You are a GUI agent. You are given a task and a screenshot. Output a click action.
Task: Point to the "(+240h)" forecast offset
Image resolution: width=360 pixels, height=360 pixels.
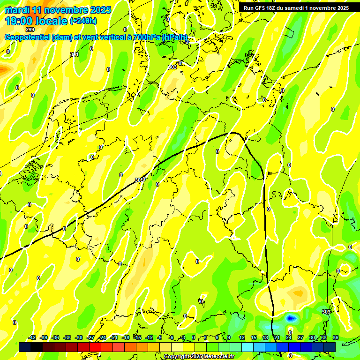click(x=83, y=21)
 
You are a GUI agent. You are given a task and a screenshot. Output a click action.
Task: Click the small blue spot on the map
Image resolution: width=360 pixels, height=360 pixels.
click(x=291, y=318)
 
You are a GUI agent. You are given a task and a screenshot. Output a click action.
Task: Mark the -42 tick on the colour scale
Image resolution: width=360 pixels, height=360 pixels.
click(x=32, y=338)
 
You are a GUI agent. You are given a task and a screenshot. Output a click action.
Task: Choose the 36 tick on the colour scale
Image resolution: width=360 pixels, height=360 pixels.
click(x=336, y=338)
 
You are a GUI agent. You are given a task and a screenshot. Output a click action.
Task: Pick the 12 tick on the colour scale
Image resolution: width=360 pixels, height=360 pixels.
click(x=242, y=338)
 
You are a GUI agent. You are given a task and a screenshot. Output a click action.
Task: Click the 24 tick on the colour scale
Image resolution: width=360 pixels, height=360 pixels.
click(x=289, y=338)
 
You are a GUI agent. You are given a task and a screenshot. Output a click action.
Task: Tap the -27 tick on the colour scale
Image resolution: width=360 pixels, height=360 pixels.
click(x=91, y=338)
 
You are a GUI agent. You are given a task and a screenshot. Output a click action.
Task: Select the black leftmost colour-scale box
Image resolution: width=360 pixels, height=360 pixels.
click(x=25, y=347)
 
